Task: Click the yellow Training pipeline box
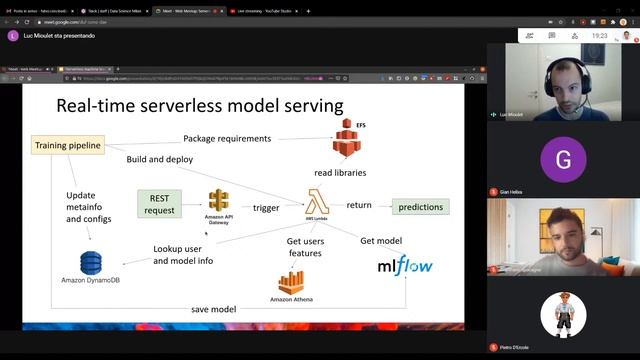[x=68, y=146]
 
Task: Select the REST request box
[x=160, y=203]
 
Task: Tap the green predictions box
[x=420, y=207]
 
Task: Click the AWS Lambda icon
[x=319, y=204]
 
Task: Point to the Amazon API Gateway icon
[x=218, y=203]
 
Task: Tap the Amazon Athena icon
[x=291, y=282]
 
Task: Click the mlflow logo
[x=404, y=266]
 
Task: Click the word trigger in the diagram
[x=266, y=207]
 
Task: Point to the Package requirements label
[x=227, y=138]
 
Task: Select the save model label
[x=213, y=309]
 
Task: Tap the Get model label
[x=381, y=240]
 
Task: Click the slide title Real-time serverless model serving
[x=200, y=105]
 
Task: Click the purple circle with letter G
[x=563, y=160]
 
